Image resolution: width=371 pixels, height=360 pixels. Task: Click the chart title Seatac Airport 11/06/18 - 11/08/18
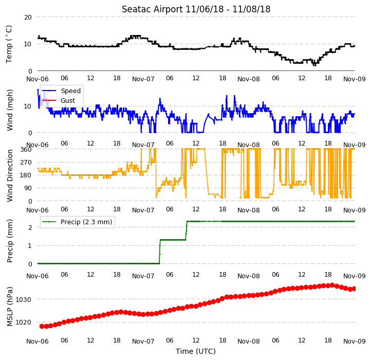tap(196, 9)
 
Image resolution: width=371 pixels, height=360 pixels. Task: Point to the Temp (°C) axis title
tap(9, 44)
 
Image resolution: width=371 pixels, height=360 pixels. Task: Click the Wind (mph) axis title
tap(10, 110)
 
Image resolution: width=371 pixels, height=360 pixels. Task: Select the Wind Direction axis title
tap(10, 175)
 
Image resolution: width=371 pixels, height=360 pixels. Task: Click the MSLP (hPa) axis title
tap(10, 307)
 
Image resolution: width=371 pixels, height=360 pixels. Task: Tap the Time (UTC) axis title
tap(196, 351)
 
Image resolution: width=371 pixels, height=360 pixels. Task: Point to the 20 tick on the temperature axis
tap(28, 17)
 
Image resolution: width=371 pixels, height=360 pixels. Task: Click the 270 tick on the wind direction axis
tap(26, 163)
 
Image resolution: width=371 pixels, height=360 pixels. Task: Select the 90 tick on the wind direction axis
tap(28, 188)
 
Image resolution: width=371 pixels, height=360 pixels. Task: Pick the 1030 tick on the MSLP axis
tap(23, 300)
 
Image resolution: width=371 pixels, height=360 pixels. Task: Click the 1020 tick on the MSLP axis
tap(23, 322)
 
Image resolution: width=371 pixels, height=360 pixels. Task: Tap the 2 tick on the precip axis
tap(30, 227)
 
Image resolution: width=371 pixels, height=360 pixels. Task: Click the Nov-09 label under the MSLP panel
tap(355, 341)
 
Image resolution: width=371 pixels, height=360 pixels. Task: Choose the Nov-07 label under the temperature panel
tap(143, 79)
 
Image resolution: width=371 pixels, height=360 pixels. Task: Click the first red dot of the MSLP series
tap(42, 327)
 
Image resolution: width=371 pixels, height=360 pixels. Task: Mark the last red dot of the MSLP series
tap(354, 289)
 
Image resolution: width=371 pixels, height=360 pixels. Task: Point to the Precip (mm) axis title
tap(10, 241)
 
